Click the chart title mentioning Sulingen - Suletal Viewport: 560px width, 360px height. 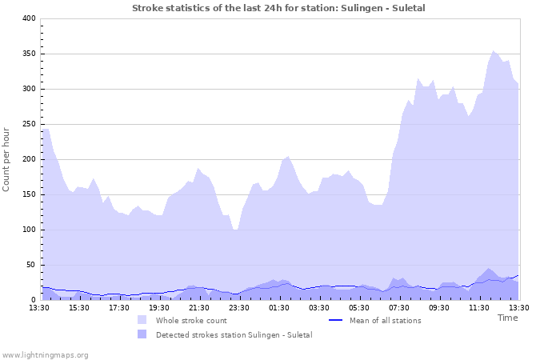pos(278,8)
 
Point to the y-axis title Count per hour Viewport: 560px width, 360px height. pos(7,159)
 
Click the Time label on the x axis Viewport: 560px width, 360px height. pos(507,318)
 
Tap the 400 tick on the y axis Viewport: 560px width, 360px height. pos(28,18)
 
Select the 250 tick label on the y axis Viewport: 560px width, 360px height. pos(28,124)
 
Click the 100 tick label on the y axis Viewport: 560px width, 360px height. pos(28,230)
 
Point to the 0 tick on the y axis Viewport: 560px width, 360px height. pos(33,300)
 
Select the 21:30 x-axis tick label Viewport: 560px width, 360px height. pos(199,307)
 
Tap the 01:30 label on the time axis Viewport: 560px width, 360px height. pos(279,307)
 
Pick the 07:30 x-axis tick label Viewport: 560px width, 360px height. pos(399,307)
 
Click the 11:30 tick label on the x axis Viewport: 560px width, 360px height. pos(479,307)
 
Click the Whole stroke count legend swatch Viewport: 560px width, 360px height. pos(142,320)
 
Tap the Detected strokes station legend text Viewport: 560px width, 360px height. pos(234,334)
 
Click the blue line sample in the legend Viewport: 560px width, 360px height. pos(336,320)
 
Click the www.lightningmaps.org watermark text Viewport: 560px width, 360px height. pos(46,354)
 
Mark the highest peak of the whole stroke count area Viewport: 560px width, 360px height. pos(494,50)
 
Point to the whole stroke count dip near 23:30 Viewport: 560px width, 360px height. pos(236,230)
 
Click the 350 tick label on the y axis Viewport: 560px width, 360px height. pos(28,54)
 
